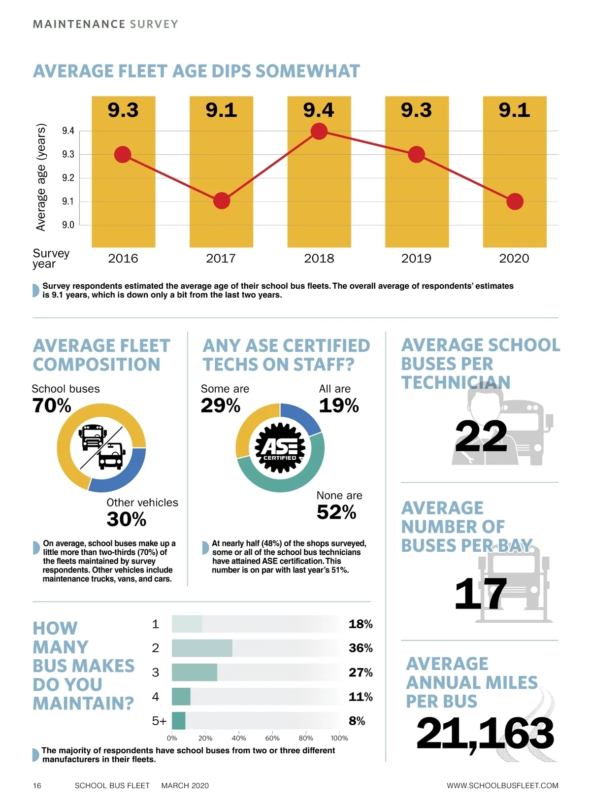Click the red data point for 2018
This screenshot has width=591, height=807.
point(319,131)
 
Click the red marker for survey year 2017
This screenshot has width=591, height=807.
point(222,201)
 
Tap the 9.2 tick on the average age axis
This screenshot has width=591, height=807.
point(68,178)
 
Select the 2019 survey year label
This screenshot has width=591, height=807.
point(416,258)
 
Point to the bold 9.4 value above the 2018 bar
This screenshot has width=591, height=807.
point(319,110)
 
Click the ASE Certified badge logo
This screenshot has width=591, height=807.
point(280,448)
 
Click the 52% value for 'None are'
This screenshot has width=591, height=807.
point(336,512)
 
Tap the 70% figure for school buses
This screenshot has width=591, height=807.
point(52,405)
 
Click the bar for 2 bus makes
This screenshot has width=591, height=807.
point(202,648)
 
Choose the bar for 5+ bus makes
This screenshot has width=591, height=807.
point(179,721)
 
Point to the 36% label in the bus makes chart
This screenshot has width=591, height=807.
point(361,648)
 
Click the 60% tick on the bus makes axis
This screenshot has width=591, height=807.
point(272,738)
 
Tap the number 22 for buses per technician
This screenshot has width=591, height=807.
point(481,437)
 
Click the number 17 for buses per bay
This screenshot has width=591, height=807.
point(480,594)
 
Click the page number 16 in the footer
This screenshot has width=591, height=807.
point(37,785)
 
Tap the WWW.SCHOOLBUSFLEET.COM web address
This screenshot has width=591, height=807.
point(502,785)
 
